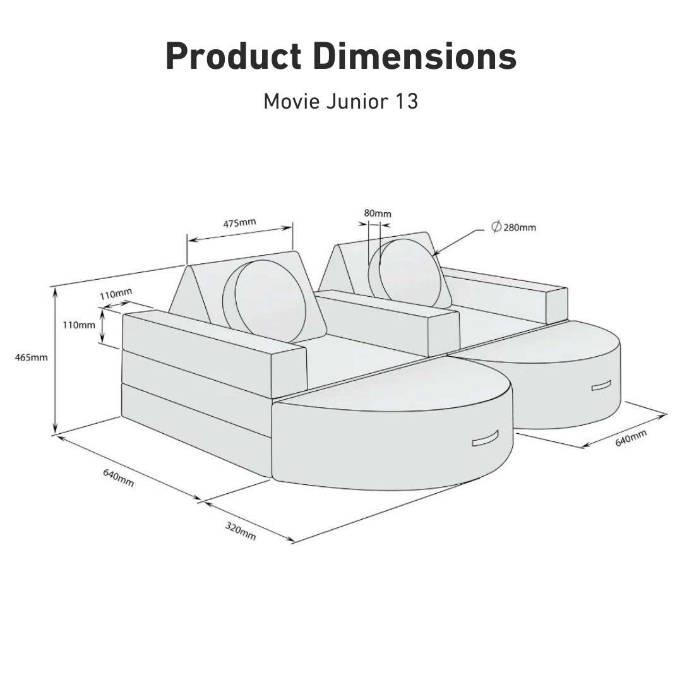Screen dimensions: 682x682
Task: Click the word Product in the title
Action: pos(233,57)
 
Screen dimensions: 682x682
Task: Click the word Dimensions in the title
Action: pos(414,57)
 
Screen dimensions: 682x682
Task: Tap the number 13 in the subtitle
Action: pos(407,101)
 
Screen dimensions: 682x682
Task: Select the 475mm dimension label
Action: pos(239,222)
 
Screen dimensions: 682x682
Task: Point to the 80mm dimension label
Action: pos(378,213)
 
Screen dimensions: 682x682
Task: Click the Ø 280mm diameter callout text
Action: pos(514,227)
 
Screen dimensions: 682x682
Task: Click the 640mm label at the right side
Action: pos(631,438)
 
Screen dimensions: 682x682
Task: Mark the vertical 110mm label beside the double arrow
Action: pos(79,325)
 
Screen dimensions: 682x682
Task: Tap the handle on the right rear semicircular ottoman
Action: pos(601,386)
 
